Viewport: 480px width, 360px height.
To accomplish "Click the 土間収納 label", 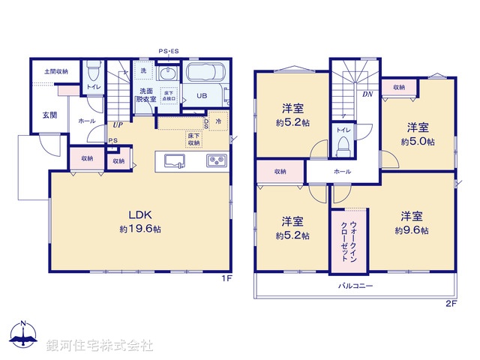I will point(55,71).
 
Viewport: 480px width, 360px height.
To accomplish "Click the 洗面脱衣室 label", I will point(145,94).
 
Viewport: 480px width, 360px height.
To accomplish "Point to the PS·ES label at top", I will point(169,52).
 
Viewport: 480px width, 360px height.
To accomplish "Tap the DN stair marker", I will point(368,94).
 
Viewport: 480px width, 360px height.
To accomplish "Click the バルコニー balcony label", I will point(355,286).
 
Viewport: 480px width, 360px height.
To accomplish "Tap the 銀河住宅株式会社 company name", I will point(98,346).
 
